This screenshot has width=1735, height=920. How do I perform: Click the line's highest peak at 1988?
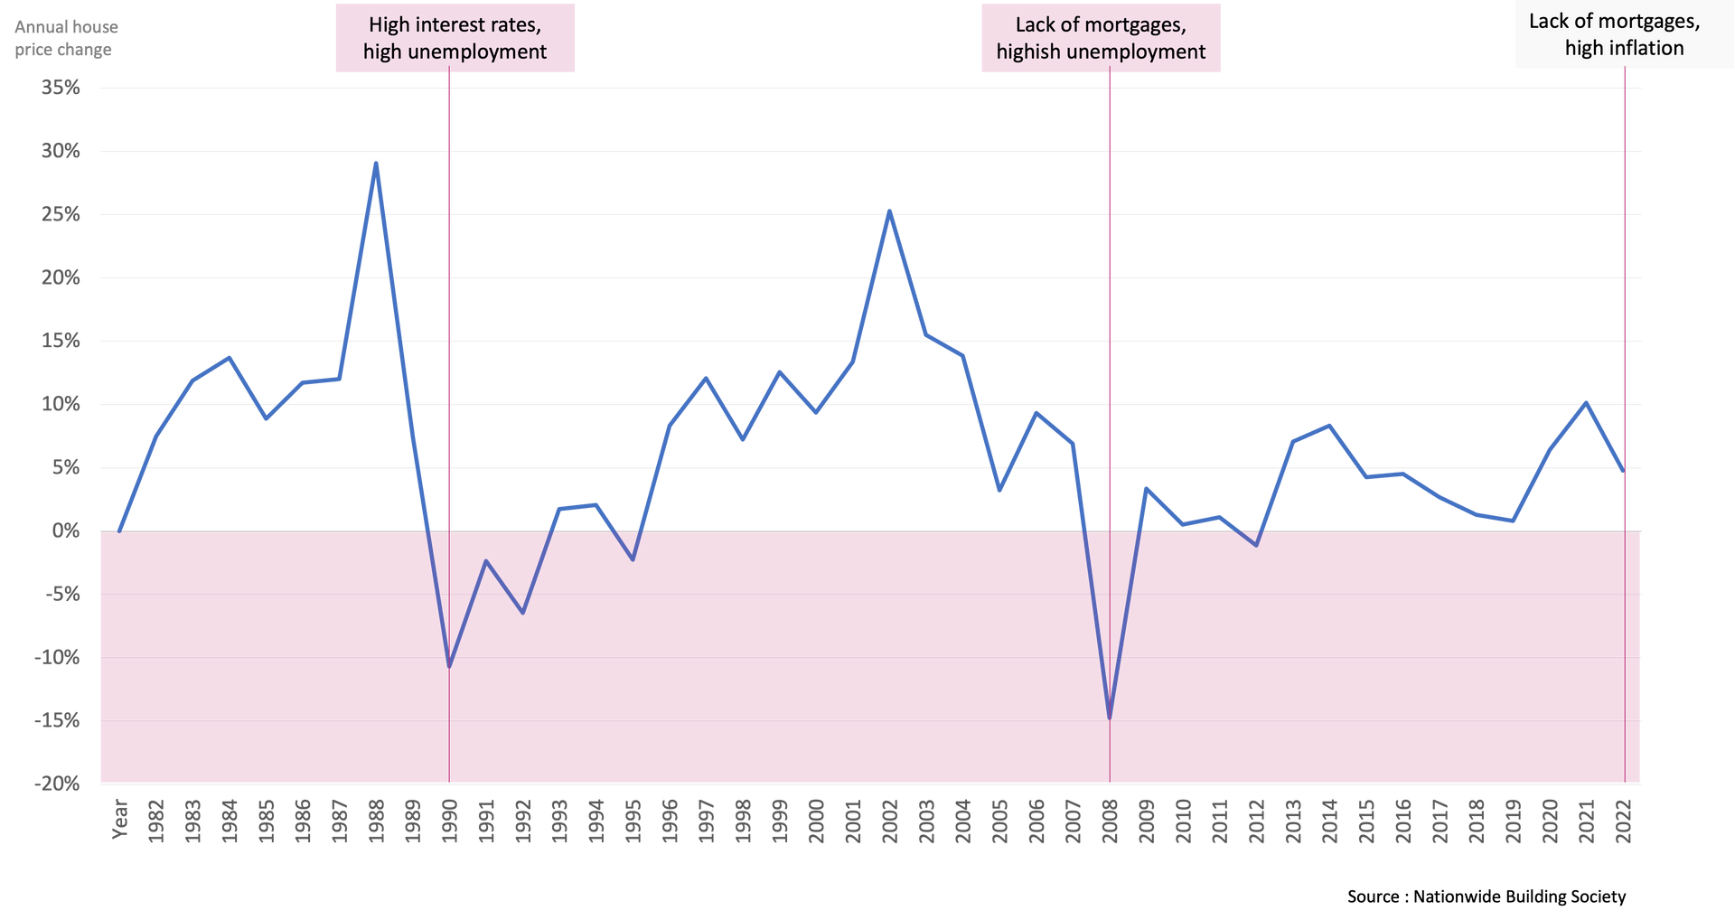click(x=376, y=164)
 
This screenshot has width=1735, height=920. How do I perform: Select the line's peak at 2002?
click(x=889, y=212)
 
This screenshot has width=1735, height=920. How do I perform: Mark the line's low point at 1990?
click(x=449, y=664)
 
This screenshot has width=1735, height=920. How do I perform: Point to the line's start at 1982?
click(x=119, y=530)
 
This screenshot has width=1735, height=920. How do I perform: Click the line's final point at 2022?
click(x=1624, y=470)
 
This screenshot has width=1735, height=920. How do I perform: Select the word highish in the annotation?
click(x=1026, y=52)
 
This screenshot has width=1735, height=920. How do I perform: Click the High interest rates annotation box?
click(x=455, y=37)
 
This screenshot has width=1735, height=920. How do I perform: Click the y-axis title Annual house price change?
click(x=65, y=38)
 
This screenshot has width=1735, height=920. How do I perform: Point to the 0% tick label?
click(x=65, y=531)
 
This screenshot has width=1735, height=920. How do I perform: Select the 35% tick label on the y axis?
click(x=60, y=88)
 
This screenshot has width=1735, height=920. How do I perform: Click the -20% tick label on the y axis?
click(x=57, y=784)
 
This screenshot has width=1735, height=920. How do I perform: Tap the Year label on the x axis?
click(x=118, y=819)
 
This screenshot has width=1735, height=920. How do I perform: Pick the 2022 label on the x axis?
click(x=1625, y=821)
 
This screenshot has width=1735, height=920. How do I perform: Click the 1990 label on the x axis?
click(x=449, y=821)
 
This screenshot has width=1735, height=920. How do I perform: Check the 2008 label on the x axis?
click(x=1110, y=821)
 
